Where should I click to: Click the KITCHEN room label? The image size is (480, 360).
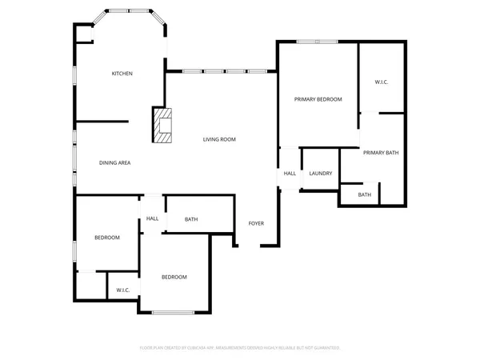tap(122, 74)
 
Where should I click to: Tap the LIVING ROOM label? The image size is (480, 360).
tap(218, 139)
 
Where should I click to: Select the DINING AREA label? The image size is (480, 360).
tap(114, 162)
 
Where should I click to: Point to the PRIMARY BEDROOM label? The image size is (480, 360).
tap(318, 99)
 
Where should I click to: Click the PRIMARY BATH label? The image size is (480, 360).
tap(380, 152)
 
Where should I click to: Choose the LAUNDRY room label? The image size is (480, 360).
tap(321, 173)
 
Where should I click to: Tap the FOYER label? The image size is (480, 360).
tap(256, 223)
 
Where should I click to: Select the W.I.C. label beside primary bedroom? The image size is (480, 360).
tap(382, 82)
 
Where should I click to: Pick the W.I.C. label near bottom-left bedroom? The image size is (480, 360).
tap(123, 290)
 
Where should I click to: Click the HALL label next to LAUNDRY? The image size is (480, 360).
tap(290, 173)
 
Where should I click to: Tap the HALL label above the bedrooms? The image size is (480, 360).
tap(152, 218)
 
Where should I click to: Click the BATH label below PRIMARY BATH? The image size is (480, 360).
tap(364, 194)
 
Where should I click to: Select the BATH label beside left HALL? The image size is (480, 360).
tap(191, 219)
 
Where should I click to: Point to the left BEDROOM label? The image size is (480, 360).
tap(106, 238)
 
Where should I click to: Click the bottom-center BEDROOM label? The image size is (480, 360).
tap(174, 277)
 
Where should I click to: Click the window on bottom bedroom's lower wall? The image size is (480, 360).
tap(173, 312)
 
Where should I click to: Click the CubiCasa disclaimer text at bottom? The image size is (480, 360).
tap(240, 348)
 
